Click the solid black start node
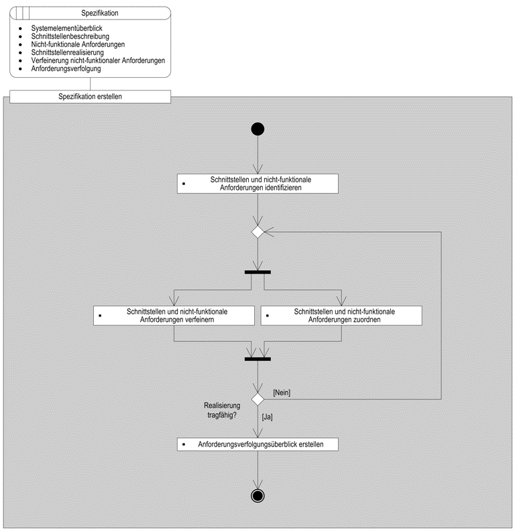257,129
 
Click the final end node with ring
257,495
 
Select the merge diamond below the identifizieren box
257,232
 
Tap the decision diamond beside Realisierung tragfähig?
257,400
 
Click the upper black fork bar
257,272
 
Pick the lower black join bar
257,359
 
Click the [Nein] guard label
282,392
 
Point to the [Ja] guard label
267,417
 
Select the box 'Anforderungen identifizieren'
257,184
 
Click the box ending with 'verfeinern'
174,316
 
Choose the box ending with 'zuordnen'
341,316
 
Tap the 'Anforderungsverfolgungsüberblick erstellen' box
257,445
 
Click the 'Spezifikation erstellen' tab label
90,97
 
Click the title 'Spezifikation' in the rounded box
100,13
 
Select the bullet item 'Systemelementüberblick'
66,28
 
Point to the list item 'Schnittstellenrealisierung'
68,52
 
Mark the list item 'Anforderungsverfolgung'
66,69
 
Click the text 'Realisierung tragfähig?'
222,410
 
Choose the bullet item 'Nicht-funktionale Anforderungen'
78,44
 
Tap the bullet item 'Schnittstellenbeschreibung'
70,36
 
